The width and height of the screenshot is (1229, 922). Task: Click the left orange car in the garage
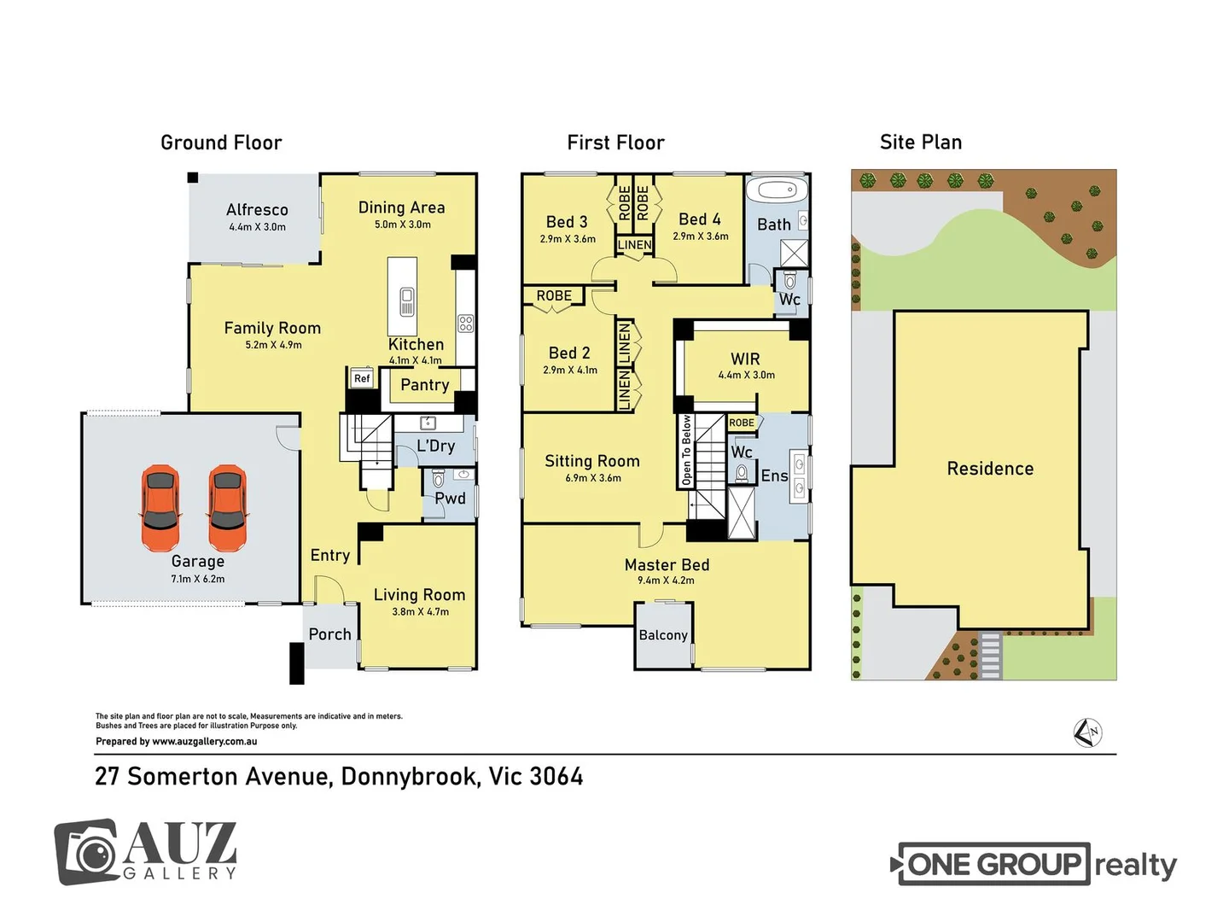160,508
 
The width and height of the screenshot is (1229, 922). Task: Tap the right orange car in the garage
227,508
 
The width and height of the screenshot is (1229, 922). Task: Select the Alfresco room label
257,210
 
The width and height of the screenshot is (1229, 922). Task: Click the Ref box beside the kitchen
362,378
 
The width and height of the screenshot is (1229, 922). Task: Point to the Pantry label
425,385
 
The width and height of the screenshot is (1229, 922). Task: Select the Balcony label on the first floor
663,635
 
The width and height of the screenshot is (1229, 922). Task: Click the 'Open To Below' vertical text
686,451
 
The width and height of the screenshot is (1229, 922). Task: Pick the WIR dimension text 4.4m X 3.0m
746,375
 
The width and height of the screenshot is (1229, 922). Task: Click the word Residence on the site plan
990,469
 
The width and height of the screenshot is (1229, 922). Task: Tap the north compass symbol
1087,732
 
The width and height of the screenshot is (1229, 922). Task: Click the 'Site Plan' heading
921,143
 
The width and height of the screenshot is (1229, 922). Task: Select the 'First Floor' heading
615,143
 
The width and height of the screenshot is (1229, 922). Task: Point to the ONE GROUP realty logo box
993,864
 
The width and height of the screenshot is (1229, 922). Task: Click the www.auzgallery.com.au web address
204,742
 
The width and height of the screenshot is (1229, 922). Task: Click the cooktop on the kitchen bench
465,324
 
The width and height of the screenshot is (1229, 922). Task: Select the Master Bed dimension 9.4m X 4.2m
666,581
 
